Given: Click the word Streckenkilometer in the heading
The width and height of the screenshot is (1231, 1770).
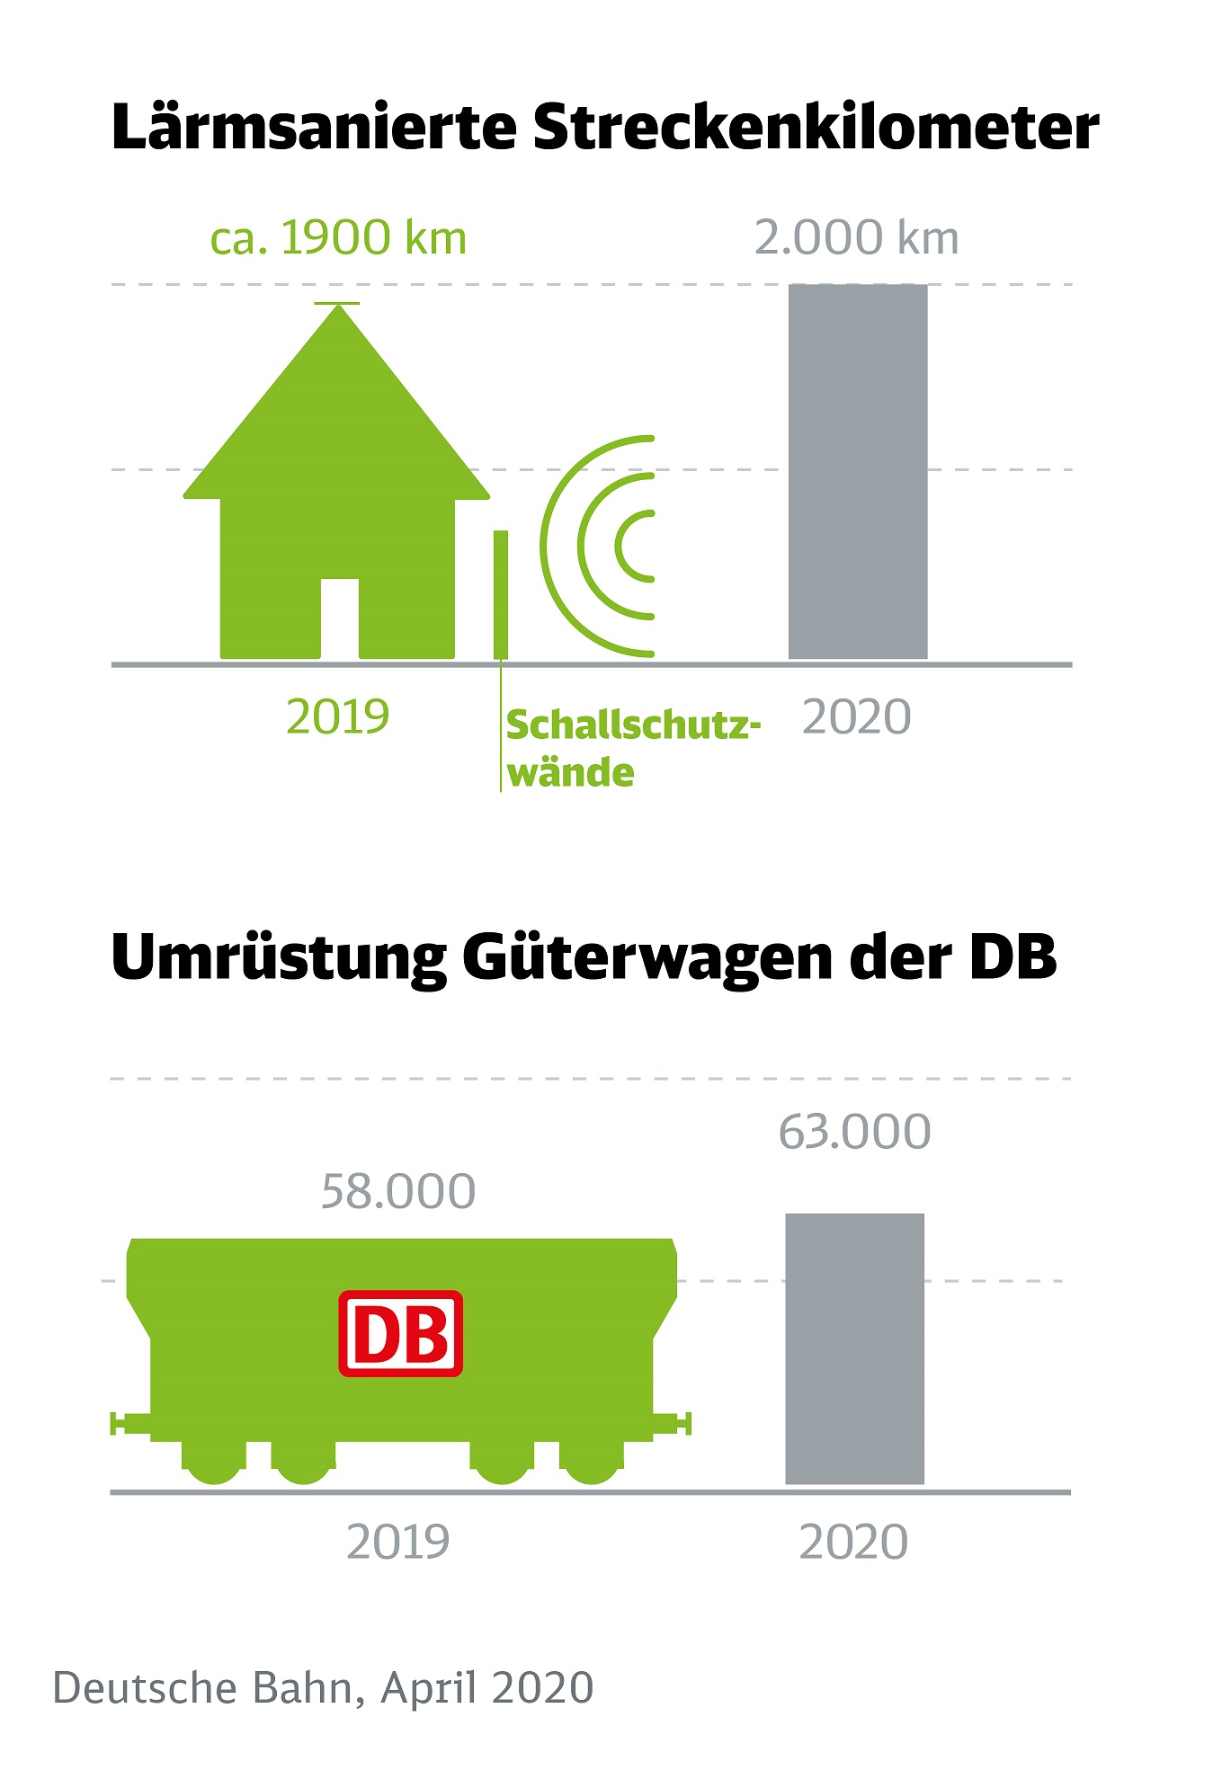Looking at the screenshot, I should pyautogui.click(x=816, y=129).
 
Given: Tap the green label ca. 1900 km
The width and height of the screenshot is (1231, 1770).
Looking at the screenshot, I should pyautogui.click(x=338, y=239).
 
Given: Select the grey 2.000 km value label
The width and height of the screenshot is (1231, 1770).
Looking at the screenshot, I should pyautogui.click(x=856, y=239).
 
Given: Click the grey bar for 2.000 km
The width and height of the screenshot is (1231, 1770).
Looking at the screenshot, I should pyautogui.click(x=857, y=472).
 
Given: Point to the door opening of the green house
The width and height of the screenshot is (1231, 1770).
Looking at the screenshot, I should pyautogui.click(x=339, y=618).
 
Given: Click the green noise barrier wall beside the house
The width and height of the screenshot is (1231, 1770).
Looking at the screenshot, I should pyautogui.click(x=501, y=594).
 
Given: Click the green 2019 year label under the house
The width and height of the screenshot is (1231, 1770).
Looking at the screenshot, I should pyautogui.click(x=337, y=717).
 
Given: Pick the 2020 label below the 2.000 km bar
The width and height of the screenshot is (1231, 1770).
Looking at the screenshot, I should pyautogui.click(x=856, y=717).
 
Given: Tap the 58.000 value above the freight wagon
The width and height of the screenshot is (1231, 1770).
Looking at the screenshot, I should pyautogui.click(x=398, y=1192).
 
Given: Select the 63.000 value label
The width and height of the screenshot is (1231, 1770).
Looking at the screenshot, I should pyautogui.click(x=854, y=1132).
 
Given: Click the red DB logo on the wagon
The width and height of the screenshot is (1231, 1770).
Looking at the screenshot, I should pyautogui.click(x=401, y=1334).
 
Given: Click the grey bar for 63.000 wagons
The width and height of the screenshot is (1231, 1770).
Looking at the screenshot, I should pyautogui.click(x=854, y=1348).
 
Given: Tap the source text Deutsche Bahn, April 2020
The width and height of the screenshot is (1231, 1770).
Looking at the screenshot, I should pyautogui.click(x=324, y=1688).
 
